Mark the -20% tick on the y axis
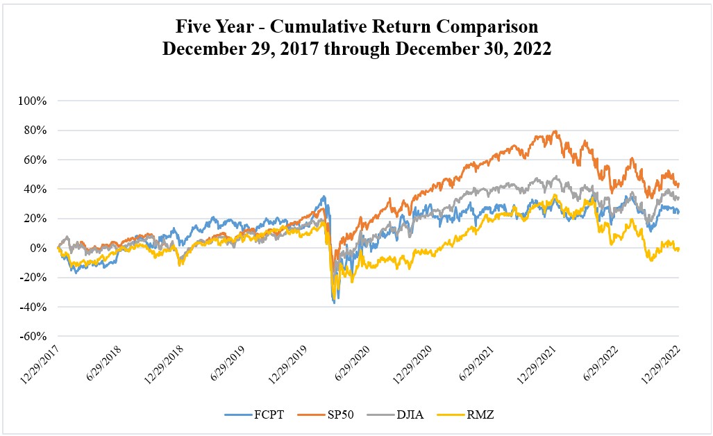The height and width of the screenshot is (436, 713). [34, 278]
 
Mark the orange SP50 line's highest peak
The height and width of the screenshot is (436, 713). [554, 131]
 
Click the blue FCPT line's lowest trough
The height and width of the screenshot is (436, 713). [334, 303]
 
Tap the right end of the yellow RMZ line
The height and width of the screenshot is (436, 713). [678, 249]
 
